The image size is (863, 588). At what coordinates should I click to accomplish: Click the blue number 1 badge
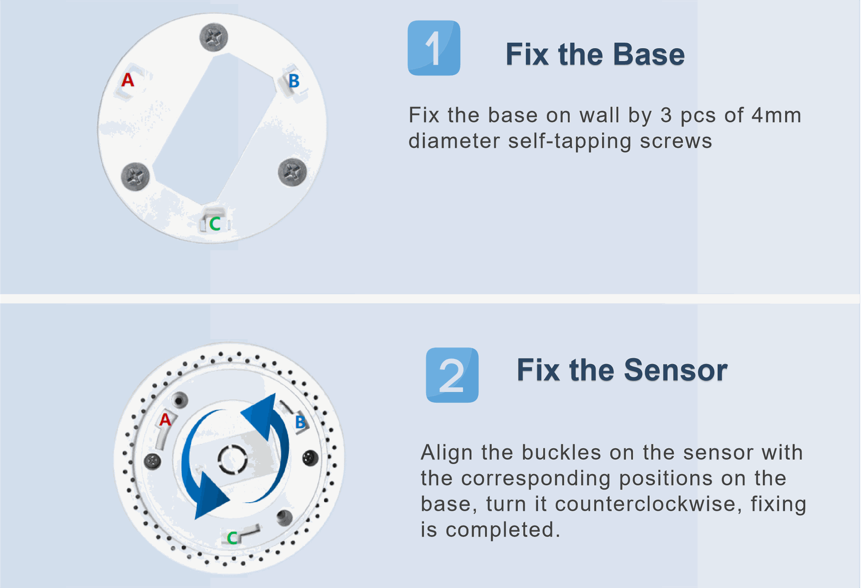(x=434, y=48)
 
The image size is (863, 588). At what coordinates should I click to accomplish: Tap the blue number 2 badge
(x=452, y=375)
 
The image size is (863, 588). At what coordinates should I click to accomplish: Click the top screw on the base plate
(x=214, y=37)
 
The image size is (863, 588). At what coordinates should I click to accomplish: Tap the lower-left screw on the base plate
(x=135, y=176)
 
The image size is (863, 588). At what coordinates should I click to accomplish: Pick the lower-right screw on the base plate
(x=292, y=172)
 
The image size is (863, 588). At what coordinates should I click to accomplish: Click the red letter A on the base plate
(x=128, y=80)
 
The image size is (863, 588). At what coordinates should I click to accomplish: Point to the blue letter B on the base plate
(x=294, y=81)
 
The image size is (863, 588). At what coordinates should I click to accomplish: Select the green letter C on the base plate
(x=215, y=224)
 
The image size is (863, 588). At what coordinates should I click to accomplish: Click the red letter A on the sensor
(x=165, y=420)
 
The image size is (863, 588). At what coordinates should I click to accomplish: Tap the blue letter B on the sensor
(x=300, y=422)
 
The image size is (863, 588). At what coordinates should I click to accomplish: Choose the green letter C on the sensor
(x=232, y=538)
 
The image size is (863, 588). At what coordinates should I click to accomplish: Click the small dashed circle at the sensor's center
(x=232, y=460)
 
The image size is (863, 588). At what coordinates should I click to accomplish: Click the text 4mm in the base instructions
(x=777, y=115)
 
